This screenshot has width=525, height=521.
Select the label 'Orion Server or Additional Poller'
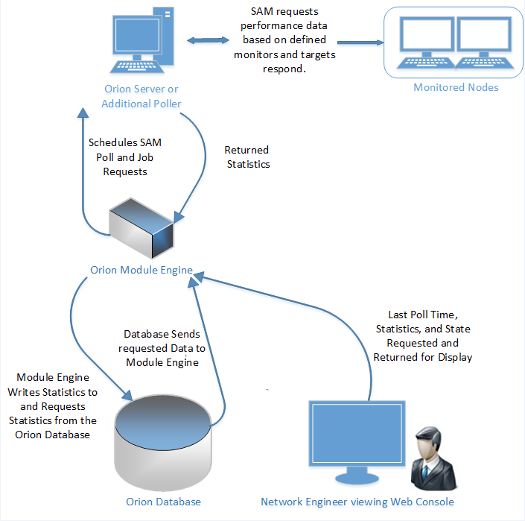coord(142,96)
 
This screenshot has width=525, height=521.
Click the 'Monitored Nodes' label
coord(456,87)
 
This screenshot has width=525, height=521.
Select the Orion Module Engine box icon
coord(143,229)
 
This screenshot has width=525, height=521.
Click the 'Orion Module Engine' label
coord(141,270)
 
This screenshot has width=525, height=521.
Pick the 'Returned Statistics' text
coord(247,157)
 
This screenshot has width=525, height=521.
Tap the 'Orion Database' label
coord(163,502)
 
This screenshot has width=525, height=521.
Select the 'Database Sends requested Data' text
coord(162,348)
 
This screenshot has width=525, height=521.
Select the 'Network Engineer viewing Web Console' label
coord(357,502)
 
